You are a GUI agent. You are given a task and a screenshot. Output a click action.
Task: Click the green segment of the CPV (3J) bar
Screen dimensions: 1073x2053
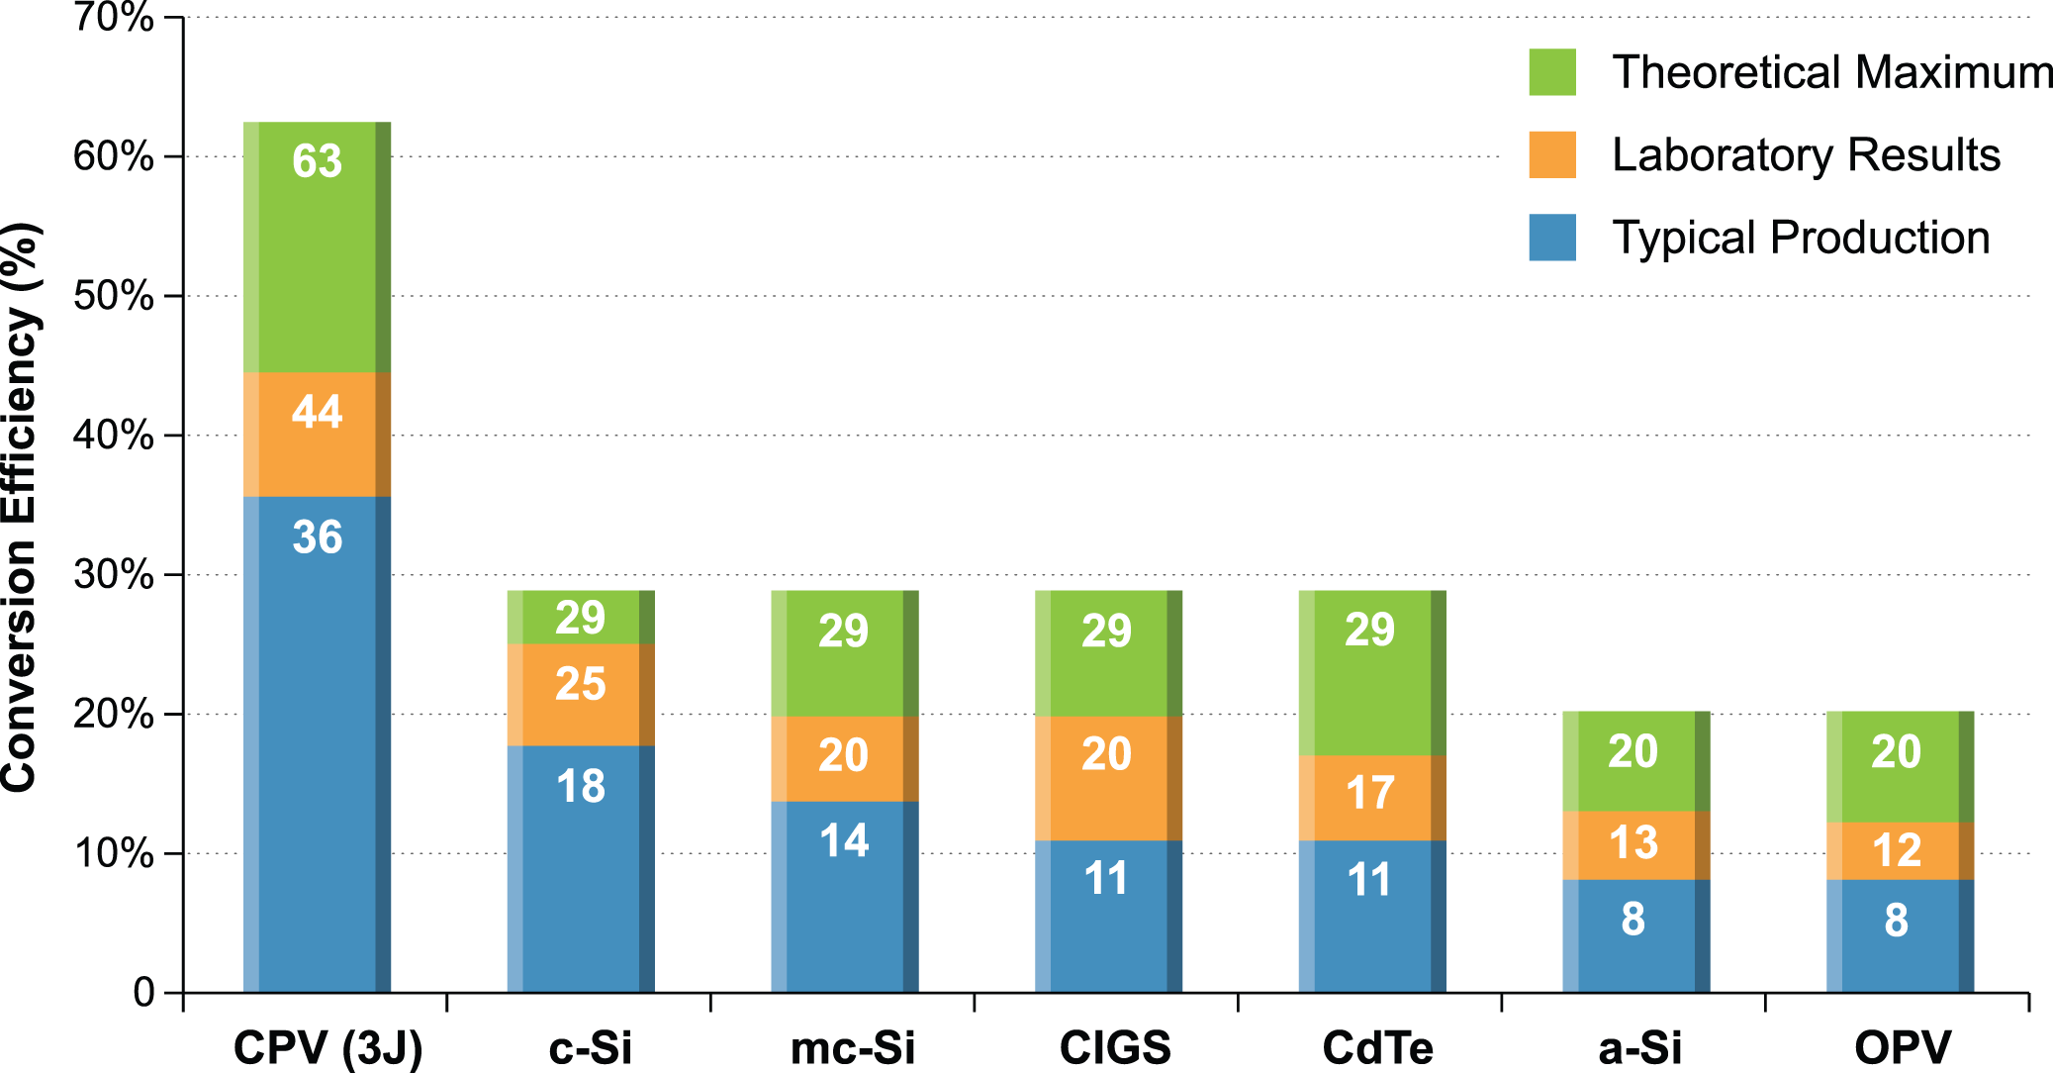click(317, 247)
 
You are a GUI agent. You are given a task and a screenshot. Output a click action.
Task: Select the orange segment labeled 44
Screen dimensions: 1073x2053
click(317, 434)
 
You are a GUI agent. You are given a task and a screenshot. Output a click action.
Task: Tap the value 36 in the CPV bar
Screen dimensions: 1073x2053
click(317, 537)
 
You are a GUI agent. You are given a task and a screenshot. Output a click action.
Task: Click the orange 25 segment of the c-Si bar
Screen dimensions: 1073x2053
click(581, 694)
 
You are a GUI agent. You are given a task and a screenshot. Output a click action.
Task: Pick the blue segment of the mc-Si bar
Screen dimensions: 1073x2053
click(844, 896)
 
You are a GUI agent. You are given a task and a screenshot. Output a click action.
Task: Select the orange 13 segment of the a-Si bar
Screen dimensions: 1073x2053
click(1635, 844)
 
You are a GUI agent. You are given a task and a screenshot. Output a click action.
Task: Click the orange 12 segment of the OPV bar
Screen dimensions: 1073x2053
click(1899, 850)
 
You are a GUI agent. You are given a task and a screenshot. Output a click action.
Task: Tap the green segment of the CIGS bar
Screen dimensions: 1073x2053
click(1108, 653)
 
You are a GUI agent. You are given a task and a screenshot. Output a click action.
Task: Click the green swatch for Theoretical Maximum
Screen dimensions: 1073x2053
click(1551, 72)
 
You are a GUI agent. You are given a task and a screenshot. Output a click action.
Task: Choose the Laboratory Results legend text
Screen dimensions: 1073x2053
click(1806, 155)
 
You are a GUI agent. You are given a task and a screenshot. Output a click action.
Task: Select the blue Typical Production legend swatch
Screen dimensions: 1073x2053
click(1551, 238)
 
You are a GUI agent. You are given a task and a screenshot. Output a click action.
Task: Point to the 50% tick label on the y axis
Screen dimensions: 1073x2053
click(114, 296)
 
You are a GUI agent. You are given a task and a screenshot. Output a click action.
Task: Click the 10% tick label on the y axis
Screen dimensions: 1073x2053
click(114, 853)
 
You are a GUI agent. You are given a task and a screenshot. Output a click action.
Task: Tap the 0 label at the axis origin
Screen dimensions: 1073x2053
click(144, 992)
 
